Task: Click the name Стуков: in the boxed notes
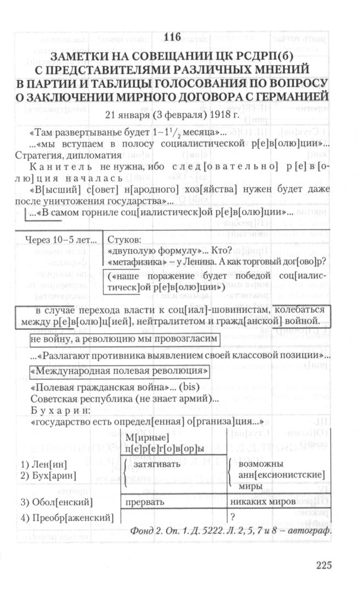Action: pos(125,240)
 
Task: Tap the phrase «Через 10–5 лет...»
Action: pos(61,240)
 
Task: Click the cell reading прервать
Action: pos(144,502)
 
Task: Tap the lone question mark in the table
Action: pos(233,516)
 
